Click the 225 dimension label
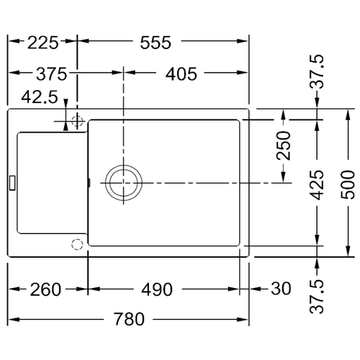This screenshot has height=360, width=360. pos(43,42)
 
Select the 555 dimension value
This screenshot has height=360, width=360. pos(156,42)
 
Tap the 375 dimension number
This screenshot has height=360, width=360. pos(52,74)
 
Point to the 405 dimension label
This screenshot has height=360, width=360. pos(181,74)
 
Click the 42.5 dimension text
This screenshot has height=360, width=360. pos(40,97)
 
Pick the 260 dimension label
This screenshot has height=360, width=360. pos(45,289)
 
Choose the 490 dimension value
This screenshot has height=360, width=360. pos(157,289)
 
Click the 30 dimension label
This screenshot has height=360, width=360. pos(281,288)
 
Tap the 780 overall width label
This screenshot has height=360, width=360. pos(129,319)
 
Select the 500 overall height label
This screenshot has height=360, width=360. pos(348,184)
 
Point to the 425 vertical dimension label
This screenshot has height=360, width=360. pos(317,185)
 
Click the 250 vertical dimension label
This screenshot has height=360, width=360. pos(284,145)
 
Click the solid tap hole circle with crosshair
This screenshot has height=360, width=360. pos(77,121)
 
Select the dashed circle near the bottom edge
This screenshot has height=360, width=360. pos(77,245)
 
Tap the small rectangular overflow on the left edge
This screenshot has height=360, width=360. pos(12,183)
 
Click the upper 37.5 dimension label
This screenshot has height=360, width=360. pos(317,72)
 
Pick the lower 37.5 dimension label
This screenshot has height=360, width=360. pos(317,297)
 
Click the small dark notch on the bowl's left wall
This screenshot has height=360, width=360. pos(89,182)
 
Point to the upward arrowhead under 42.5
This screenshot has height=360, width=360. pos(66,126)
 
